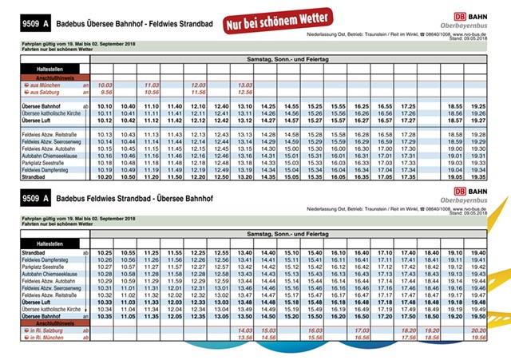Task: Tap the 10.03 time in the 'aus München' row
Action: click(x=105, y=85)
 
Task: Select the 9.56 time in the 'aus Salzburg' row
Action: click(x=105, y=92)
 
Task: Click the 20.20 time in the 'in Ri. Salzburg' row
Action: click(x=478, y=330)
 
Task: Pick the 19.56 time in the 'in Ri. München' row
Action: click(x=478, y=337)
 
